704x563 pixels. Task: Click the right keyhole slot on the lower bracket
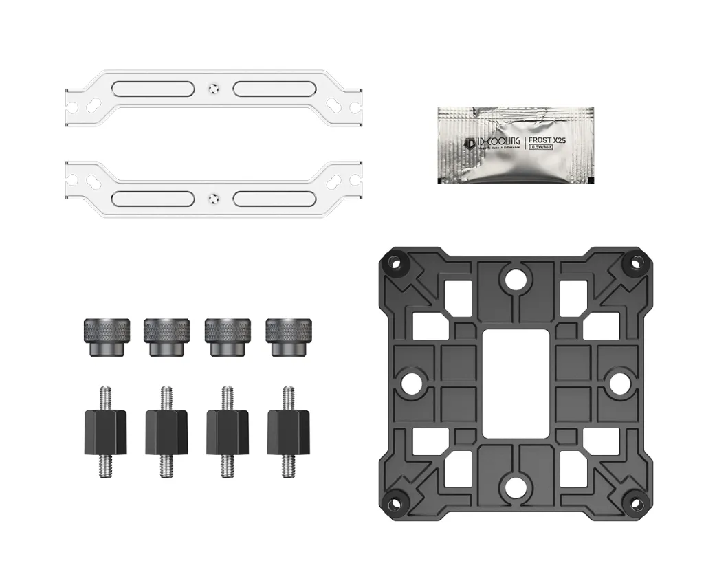[x=335, y=179]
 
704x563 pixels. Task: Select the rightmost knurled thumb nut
[x=286, y=337]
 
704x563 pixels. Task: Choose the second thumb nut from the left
[x=163, y=337]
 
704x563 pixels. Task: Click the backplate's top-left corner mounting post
[x=395, y=262]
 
